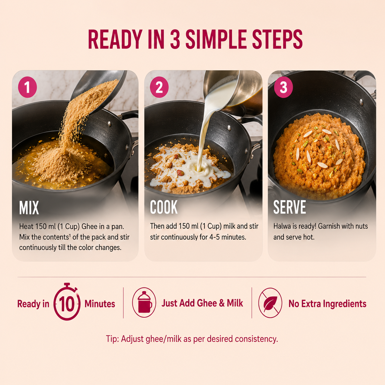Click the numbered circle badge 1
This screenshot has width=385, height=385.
click(x=27, y=87)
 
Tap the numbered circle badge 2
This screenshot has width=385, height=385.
click(x=159, y=87)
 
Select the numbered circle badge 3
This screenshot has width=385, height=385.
click(x=283, y=87)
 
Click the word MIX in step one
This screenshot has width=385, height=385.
click(x=29, y=208)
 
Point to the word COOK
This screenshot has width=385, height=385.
click(x=164, y=207)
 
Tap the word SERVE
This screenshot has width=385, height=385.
click(x=290, y=207)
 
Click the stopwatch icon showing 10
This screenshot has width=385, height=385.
click(x=67, y=302)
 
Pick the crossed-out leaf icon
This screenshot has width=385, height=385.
click(x=270, y=303)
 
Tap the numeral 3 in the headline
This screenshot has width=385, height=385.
click(x=175, y=39)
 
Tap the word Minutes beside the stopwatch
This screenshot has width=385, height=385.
click(x=100, y=304)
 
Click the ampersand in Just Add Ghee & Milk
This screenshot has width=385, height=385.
click(x=222, y=303)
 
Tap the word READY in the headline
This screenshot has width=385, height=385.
click(x=115, y=39)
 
